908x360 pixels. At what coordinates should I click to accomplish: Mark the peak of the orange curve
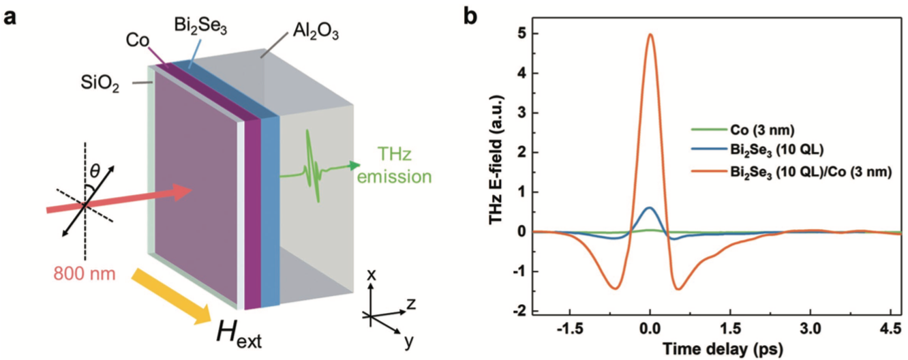(650, 34)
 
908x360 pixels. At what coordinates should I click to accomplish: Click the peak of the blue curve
(650, 207)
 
